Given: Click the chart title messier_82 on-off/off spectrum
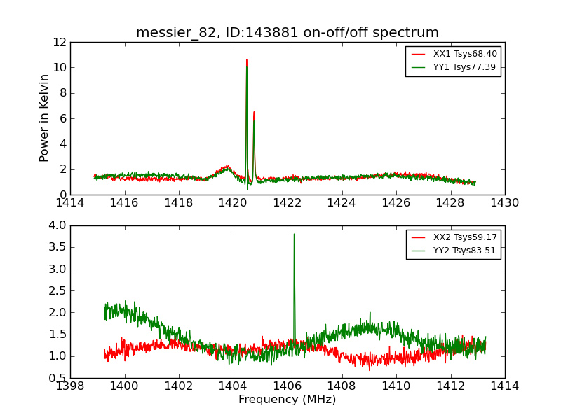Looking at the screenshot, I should click(x=288, y=33).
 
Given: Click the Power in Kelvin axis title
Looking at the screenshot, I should click(x=45, y=118).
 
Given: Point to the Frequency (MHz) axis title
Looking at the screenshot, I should click(x=288, y=400).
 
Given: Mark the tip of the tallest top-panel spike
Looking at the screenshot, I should click(x=246, y=59).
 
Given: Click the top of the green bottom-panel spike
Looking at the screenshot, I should click(x=294, y=234).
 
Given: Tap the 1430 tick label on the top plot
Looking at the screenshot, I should click(x=504, y=203).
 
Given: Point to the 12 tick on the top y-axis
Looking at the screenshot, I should click(x=60, y=42).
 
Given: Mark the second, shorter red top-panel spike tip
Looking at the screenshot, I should click(x=254, y=111).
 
